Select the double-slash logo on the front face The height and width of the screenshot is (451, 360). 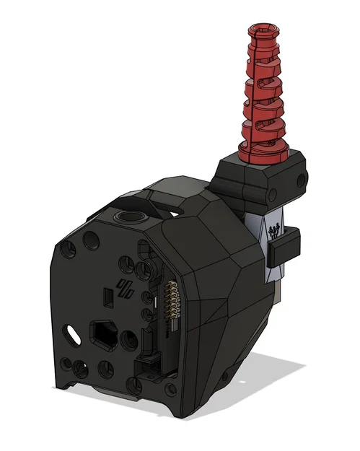click(x=126, y=289)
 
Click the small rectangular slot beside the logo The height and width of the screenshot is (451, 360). click(x=105, y=296)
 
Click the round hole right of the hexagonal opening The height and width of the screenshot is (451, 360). click(x=130, y=341)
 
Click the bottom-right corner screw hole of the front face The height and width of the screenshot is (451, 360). click(x=172, y=390)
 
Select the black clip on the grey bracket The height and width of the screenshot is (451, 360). click(x=284, y=245)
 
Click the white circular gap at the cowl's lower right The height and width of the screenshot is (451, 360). click(x=228, y=377)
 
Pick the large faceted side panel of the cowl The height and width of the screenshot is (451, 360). click(x=216, y=289)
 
